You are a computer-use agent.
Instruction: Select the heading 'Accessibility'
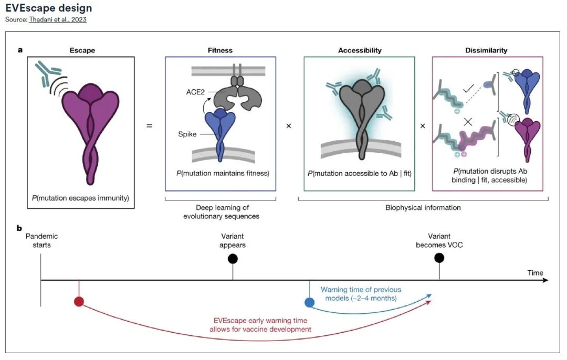point(360,50)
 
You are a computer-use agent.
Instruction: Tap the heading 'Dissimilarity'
point(487,50)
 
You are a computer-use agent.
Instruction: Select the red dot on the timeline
point(79,301)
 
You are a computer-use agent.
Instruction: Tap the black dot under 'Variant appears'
point(233,258)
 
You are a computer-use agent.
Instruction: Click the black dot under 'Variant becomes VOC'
point(439,258)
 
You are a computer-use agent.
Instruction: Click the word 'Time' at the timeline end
point(535,273)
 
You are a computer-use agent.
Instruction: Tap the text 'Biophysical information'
point(423,207)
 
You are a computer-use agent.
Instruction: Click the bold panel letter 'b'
point(19,229)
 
